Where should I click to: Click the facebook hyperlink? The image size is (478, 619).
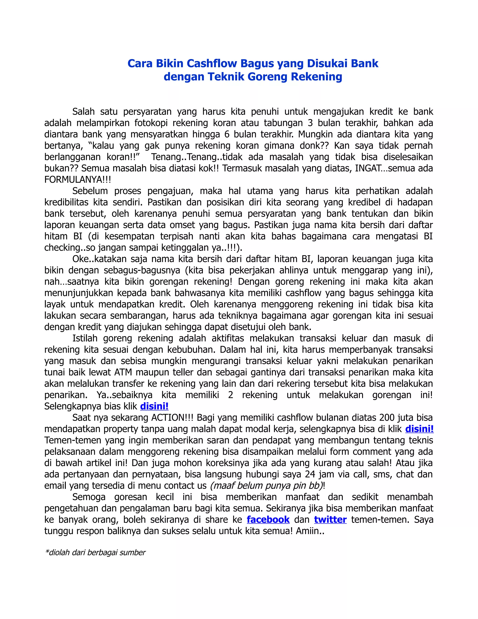point(268,519)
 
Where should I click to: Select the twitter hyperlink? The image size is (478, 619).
point(330,519)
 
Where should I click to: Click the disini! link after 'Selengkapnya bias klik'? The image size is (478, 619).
point(154,406)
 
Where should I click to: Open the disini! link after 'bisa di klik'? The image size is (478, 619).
point(419,429)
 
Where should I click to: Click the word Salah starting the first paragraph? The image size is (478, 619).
point(83,112)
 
